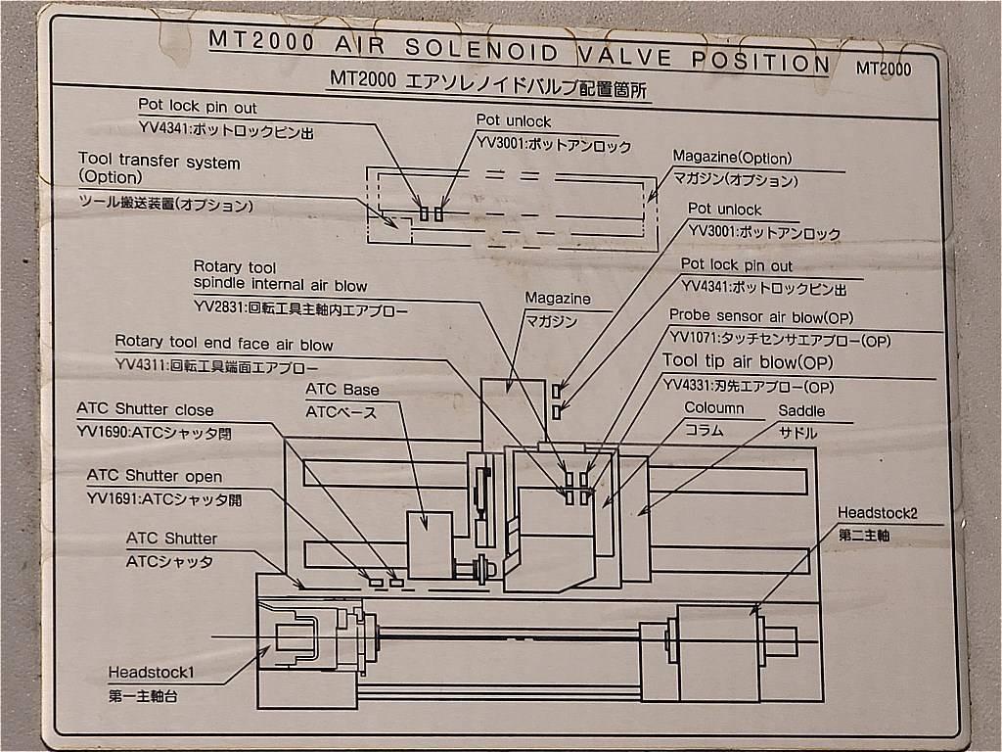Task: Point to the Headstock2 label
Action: tap(878, 512)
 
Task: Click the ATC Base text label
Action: tap(342, 390)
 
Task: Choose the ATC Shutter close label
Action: tap(145, 409)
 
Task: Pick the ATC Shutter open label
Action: tap(154, 476)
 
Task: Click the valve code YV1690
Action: tap(102, 431)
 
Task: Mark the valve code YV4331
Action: tap(686, 385)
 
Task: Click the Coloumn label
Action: tap(713, 408)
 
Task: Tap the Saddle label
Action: tap(801, 411)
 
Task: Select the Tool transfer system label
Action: tap(159, 163)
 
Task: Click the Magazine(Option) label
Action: tap(732, 158)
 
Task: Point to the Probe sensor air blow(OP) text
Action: tap(761, 316)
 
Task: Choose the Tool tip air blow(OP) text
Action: tap(741, 361)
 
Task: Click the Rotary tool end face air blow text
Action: tap(223, 344)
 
